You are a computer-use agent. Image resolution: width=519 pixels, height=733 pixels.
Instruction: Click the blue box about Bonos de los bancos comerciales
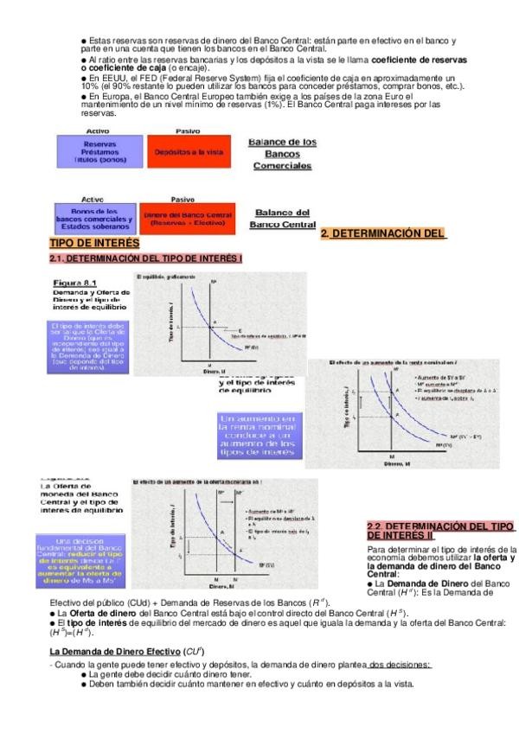click(94, 216)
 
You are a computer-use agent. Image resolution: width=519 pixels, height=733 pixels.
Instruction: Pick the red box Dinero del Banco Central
click(188, 216)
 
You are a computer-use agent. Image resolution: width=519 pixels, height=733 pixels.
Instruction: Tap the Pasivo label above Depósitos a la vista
click(188, 130)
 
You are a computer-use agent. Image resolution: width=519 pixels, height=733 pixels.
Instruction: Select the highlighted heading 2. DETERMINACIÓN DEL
click(382, 233)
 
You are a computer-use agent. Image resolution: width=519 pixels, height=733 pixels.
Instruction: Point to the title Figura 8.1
click(75, 283)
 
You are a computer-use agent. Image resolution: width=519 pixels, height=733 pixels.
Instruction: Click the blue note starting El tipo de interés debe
click(86, 347)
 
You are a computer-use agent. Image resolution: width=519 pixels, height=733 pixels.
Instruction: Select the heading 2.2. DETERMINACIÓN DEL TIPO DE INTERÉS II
click(440, 532)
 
